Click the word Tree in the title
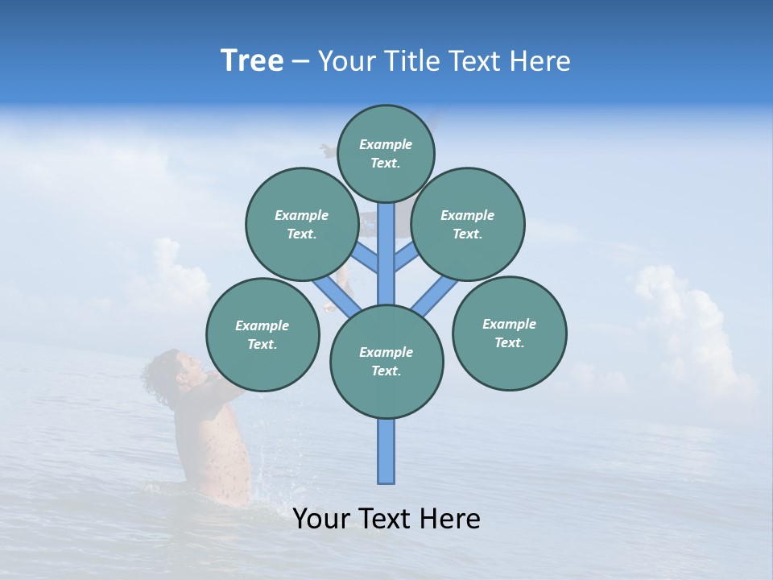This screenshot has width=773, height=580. pos(252,61)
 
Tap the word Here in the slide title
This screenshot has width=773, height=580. pos(540,61)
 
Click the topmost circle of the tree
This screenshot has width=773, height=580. pos(386,153)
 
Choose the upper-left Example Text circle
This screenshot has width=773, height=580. pos(302,224)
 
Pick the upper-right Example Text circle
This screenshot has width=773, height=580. pos(468,224)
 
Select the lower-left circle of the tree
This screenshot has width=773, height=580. pos(262,334)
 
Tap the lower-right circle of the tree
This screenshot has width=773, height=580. pos(509,333)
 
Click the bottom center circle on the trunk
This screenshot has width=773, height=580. pos(386,361)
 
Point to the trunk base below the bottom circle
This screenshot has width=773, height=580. pos(386,451)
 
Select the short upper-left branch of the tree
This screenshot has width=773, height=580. pos(366,258)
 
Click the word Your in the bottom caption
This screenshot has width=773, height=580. pos(322,519)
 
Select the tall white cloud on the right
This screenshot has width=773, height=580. pos(684,322)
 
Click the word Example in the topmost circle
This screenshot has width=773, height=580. pos(386,144)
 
